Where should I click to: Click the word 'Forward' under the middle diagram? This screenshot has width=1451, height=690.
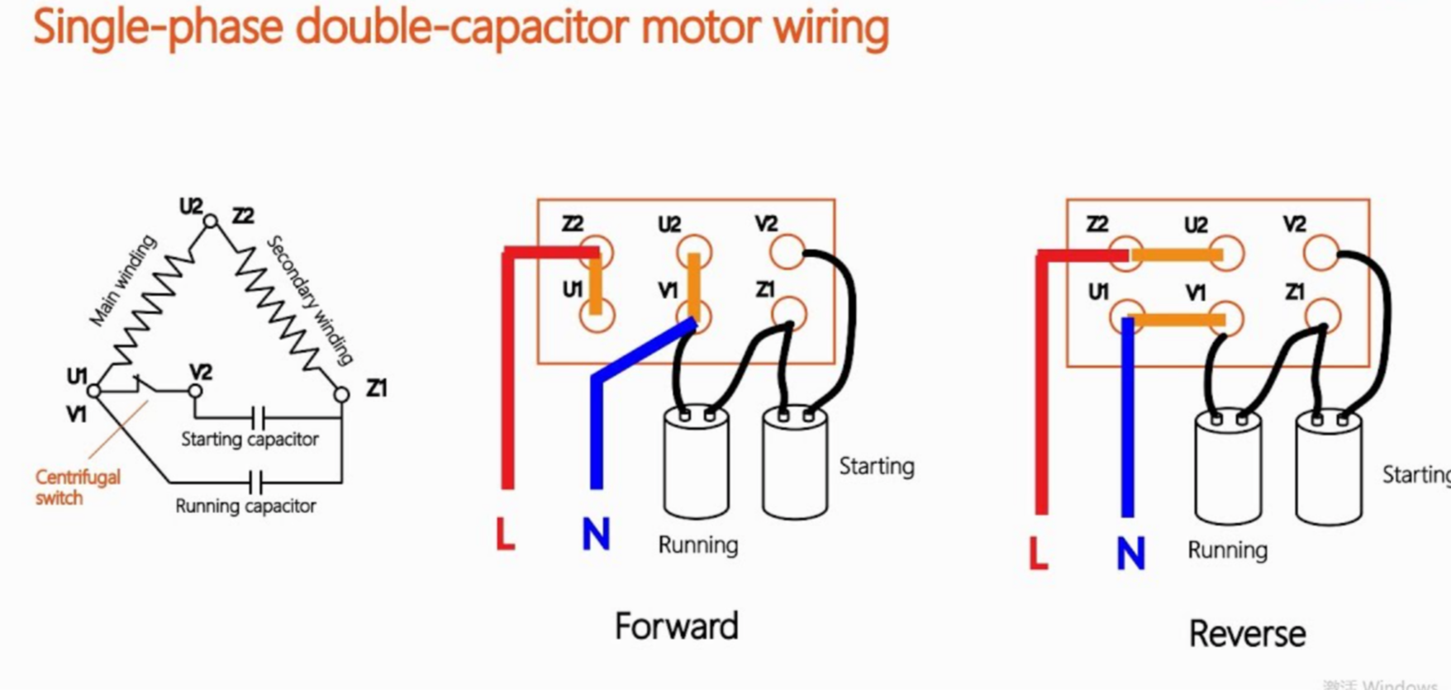[676, 626]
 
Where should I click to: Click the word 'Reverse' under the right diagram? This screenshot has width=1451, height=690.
[1247, 634]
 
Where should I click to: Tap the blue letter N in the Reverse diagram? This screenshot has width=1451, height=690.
[1130, 553]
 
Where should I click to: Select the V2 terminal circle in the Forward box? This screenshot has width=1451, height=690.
[787, 252]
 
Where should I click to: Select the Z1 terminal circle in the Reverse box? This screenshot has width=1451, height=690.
[1323, 316]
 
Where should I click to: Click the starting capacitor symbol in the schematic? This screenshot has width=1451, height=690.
[257, 416]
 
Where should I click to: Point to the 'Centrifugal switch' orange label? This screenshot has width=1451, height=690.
[77, 487]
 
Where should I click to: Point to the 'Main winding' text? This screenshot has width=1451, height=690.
[123, 280]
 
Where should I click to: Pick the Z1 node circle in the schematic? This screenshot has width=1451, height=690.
[341, 395]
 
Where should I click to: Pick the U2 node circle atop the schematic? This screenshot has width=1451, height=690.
[211, 221]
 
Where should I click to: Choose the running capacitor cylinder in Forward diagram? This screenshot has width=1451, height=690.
[697, 464]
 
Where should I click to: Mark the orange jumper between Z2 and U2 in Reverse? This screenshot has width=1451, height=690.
[1177, 255]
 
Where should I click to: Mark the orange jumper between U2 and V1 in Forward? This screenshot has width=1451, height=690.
[694, 285]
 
